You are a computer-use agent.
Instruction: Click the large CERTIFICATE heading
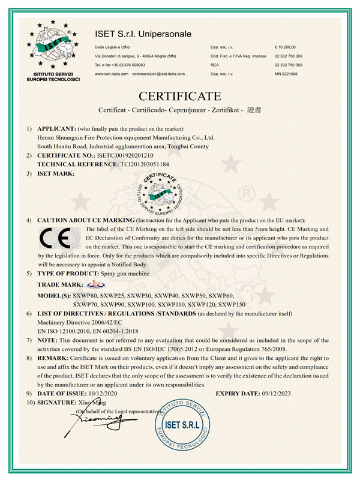tap(179, 96)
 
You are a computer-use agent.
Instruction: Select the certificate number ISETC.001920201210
tap(125, 155)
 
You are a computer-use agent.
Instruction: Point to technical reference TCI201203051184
tap(137, 163)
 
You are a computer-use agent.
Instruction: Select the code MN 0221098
tap(287, 74)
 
